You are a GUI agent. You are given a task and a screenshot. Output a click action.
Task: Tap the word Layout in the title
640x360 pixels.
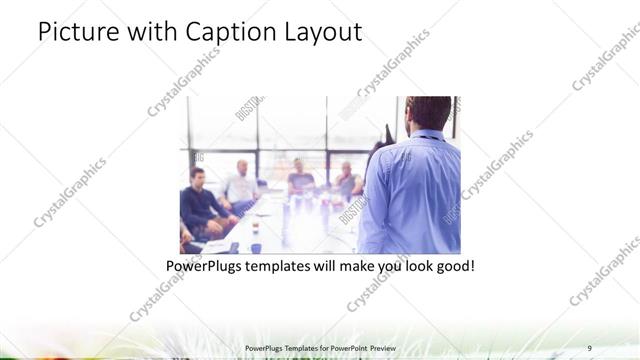322,32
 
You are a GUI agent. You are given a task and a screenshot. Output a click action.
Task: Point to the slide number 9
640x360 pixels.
590,347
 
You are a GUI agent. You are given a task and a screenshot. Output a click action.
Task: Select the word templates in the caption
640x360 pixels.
289,267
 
